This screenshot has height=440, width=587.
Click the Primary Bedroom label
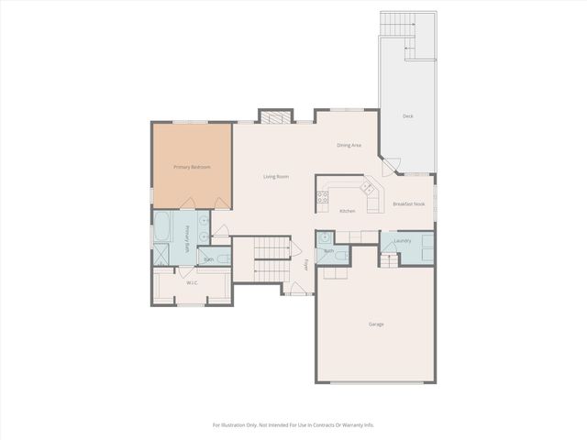click(193, 167)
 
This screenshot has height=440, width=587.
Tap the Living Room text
click(276, 176)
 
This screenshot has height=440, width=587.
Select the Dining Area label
click(349, 145)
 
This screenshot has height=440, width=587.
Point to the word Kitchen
click(348, 212)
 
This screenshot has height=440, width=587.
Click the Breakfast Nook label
click(408, 203)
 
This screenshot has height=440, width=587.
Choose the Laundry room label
click(402, 241)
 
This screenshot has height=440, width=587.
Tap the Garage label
click(376, 324)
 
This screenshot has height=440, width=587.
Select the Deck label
click(407, 116)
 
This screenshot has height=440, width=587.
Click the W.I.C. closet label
click(193, 282)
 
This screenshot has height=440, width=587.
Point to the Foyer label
click(306, 265)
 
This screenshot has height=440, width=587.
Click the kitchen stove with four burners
click(323, 195)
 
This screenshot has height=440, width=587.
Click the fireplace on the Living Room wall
click(272, 116)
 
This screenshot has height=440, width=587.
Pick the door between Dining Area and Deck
click(392, 165)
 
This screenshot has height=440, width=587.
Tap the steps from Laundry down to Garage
click(389, 260)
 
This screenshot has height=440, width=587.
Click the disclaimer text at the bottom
click(293, 424)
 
